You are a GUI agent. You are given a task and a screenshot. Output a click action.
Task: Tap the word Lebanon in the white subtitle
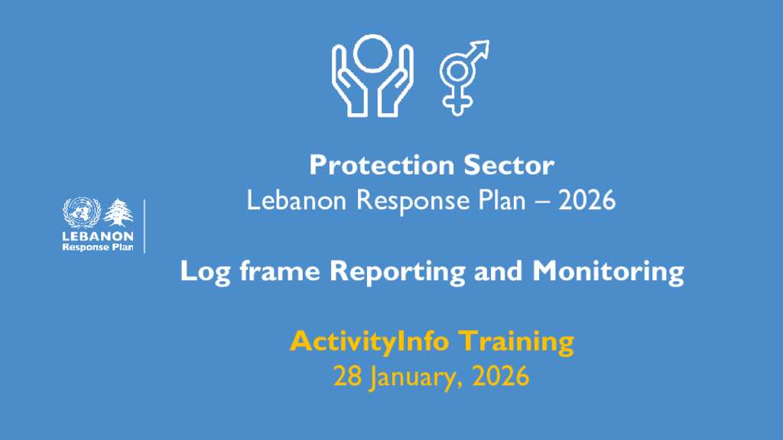pos(297,201)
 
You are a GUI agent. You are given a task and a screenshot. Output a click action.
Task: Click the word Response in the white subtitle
pos(413,202)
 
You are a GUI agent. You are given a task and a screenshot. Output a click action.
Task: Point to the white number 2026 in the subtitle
pos(586,201)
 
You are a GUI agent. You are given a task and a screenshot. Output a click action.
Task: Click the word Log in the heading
pos(205,273)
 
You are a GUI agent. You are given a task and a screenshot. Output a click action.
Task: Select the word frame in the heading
pos(280,271)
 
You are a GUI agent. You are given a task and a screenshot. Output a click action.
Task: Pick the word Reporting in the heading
pos(398,273)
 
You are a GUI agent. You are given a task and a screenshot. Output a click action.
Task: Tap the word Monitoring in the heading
pos(608,273)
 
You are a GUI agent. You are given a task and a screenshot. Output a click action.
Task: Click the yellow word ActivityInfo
pos(369,342)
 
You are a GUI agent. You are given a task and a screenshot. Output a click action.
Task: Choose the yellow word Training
pos(516,342)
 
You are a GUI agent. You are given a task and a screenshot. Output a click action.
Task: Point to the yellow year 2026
pos(501,376)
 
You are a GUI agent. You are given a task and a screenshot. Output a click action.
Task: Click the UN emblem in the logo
pos(82,212)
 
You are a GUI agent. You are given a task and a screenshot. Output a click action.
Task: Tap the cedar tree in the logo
pos(119,212)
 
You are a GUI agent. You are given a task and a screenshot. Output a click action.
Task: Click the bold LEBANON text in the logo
pos(98,236)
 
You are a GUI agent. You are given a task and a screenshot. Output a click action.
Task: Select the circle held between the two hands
pos(372,53)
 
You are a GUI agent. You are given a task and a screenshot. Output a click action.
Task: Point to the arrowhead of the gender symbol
pos(482,47)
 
